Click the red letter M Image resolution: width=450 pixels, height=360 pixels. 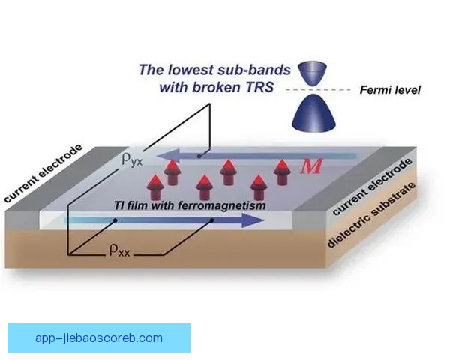(x=311, y=166)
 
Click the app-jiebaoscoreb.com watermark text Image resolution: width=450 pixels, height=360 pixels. (x=98, y=337)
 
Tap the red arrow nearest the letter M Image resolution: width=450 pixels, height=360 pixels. (x=283, y=171)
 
